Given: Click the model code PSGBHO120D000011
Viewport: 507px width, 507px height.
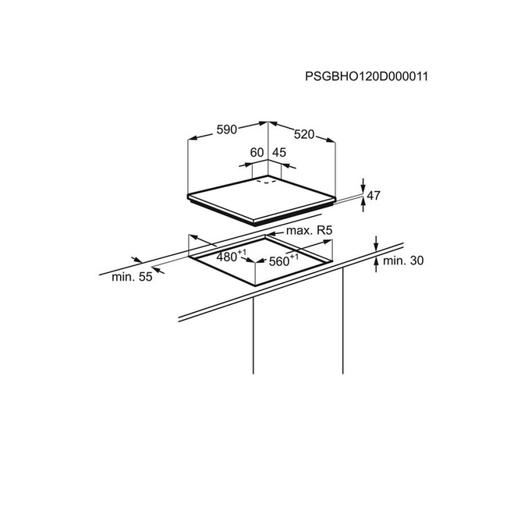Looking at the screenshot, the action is pyautogui.click(x=367, y=76).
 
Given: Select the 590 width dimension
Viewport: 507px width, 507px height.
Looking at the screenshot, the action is pyautogui.click(x=227, y=129).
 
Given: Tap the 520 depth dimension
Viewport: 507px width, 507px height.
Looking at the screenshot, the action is pyautogui.click(x=304, y=134).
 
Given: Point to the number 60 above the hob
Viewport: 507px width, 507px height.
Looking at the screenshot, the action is pyautogui.click(x=257, y=152).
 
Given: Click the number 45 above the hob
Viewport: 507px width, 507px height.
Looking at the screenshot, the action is pyautogui.click(x=279, y=152).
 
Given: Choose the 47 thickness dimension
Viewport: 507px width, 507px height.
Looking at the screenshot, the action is pyautogui.click(x=374, y=195).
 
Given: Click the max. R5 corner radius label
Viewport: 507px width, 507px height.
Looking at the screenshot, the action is pyautogui.click(x=309, y=231).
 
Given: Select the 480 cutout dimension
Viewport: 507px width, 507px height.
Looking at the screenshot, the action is pyautogui.click(x=227, y=257).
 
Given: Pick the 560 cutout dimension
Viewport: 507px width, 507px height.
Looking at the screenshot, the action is pyautogui.click(x=278, y=261).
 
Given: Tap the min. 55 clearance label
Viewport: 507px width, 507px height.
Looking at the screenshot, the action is pyautogui.click(x=132, y=277).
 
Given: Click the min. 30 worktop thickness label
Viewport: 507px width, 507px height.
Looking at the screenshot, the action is pyautogui.click(x=403, y=261).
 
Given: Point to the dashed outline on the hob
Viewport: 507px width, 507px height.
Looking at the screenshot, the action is pyautogui.click(x=267, y=182).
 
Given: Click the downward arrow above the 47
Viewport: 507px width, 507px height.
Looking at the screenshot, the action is pyautogui.click(x=363, y=186).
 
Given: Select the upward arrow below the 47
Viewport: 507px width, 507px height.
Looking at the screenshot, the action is pyautogui.click(x=363, y=204).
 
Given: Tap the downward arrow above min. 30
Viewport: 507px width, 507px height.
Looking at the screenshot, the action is pyautogui.click(x=376, y=243).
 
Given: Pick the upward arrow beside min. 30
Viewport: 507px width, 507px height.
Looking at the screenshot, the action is pyautogui.click(x=376, y=265).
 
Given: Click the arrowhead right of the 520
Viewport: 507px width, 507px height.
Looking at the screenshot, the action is pyautogui.click(x=331, y=140).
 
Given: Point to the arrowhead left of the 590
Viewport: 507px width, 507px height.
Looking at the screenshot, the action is pyautogui.click(x=193, y=138).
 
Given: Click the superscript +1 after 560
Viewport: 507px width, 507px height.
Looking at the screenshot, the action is pyautogui.click(x=294, y=257).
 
